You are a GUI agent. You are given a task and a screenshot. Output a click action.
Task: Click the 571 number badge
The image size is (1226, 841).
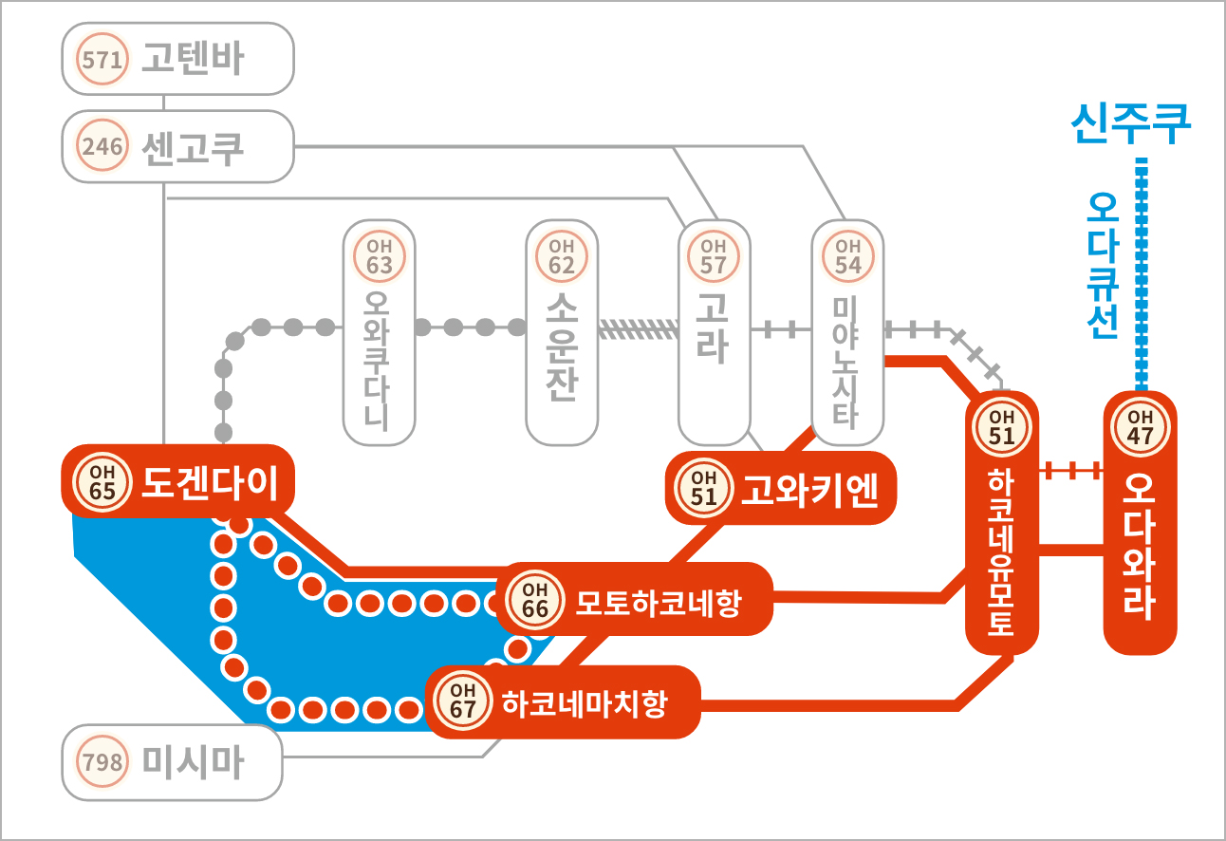[102, 59]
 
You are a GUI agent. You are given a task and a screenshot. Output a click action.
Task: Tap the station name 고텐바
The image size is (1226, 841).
[193, 58]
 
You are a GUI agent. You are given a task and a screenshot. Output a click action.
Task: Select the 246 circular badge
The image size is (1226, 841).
[102, 145]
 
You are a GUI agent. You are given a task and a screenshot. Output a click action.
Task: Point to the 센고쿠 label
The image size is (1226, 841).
[193, 148]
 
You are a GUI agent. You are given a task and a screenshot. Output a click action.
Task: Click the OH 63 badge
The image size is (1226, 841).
[380, 256]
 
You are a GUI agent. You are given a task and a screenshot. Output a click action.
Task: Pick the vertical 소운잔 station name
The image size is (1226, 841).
[562, 346]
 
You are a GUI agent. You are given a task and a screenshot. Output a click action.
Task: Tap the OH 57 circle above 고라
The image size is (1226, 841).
[714, 256]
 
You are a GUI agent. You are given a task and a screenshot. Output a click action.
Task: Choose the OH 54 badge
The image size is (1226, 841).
[847, 256]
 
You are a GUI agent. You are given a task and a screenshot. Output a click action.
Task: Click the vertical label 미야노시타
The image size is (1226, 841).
[845, 361]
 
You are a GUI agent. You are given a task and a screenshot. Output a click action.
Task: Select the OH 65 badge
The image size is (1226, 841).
[102, 482]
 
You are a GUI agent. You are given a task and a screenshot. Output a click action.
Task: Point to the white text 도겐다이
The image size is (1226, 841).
[210, 483]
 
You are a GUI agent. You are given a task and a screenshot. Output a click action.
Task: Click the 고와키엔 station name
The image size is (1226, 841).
[809, 490]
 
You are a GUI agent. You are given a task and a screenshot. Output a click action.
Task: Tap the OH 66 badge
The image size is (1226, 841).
[535, 600]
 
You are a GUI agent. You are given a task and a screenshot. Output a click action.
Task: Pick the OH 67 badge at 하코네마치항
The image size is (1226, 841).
[462, 701]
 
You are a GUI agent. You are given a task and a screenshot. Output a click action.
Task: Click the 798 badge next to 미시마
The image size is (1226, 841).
[102, 761]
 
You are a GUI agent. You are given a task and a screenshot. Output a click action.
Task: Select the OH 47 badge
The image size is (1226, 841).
[1140, 427]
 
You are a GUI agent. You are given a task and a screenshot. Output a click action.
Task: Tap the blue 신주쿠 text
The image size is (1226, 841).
[1131, 123]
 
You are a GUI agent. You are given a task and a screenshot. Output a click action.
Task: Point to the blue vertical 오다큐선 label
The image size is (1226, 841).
[1103, 266]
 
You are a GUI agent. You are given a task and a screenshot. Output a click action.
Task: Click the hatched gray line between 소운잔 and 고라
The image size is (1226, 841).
[639, 329]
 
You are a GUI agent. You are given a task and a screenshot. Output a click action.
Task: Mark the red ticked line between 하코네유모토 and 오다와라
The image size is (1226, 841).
[1071, 470]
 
